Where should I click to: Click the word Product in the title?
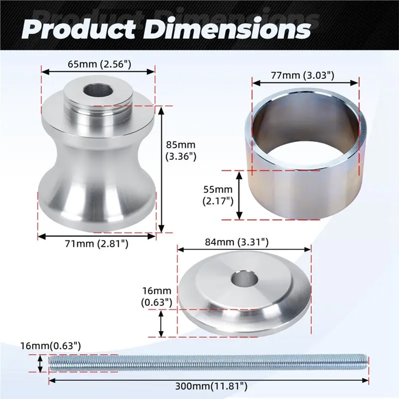pyautogui.click(x=79, y=30)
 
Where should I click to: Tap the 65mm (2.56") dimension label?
pyautogui.click(x=99, y=64)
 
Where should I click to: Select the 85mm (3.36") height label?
pyautogui.click(x=181, y=151)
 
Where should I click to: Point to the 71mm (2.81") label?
pyautogui.click(x=97, y=244)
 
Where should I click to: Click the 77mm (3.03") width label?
pyautogui.click(x=302, y=75)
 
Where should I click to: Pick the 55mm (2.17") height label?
pyautogui.click(x=218, y=195)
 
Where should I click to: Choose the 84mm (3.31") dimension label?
pyautogui.click(x=236, y=242)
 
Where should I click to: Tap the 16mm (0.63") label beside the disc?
pyautogui.click(x=157, y=296)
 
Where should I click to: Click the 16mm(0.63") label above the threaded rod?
pyautogui.click(x=51, y=346)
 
